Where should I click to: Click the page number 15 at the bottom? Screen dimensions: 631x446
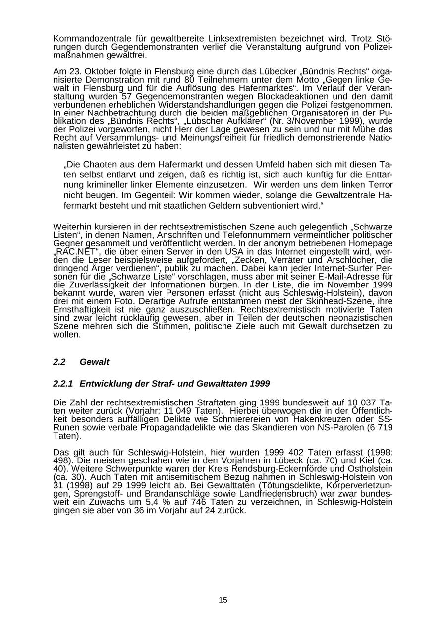tap(223, 600)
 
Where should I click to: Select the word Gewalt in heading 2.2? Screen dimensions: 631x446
tap(94, 362)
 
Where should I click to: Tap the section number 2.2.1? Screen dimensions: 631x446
tap(63, 384)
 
